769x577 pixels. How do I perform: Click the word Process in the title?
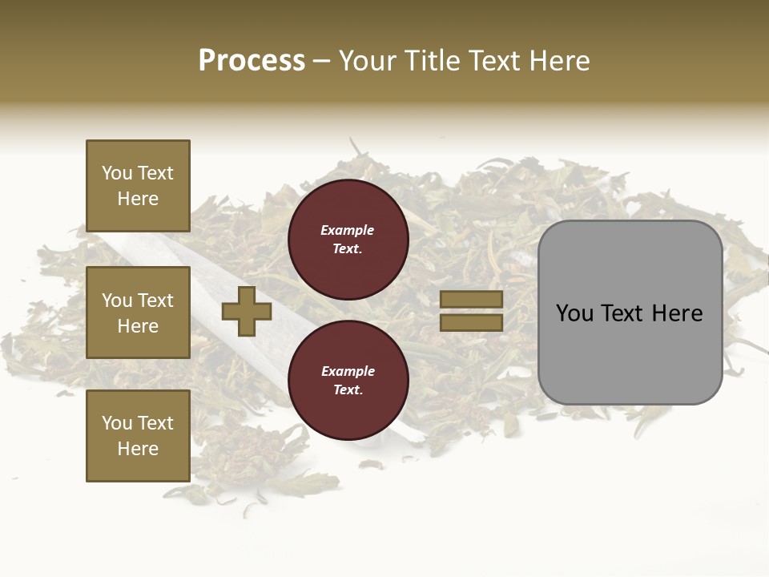tap(252, 61)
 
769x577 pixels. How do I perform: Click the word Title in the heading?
tap(433, 61)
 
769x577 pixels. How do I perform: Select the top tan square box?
tap(138, 186)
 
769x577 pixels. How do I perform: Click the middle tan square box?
tap(138, 313)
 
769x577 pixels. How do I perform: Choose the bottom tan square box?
tap(138, 436)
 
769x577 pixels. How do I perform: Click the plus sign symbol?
tap(247, 312)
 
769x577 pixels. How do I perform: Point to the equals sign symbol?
tap(471, 311)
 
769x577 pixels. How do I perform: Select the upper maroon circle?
tap(348, 239)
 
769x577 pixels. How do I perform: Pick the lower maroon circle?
tap(348, 380)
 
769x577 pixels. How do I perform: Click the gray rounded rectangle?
tap(630, 313)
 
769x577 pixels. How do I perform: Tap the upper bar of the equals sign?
tap(471, 300)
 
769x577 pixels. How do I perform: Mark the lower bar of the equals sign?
tap(471, 322)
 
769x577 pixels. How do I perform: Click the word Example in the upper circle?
tap(348, 230)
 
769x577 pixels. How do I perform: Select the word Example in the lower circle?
tap(348, 371)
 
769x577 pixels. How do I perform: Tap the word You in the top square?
tap(116, 173)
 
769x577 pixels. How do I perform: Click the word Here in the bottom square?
tap(138, 449)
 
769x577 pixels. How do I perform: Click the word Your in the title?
tap(368, 61)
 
